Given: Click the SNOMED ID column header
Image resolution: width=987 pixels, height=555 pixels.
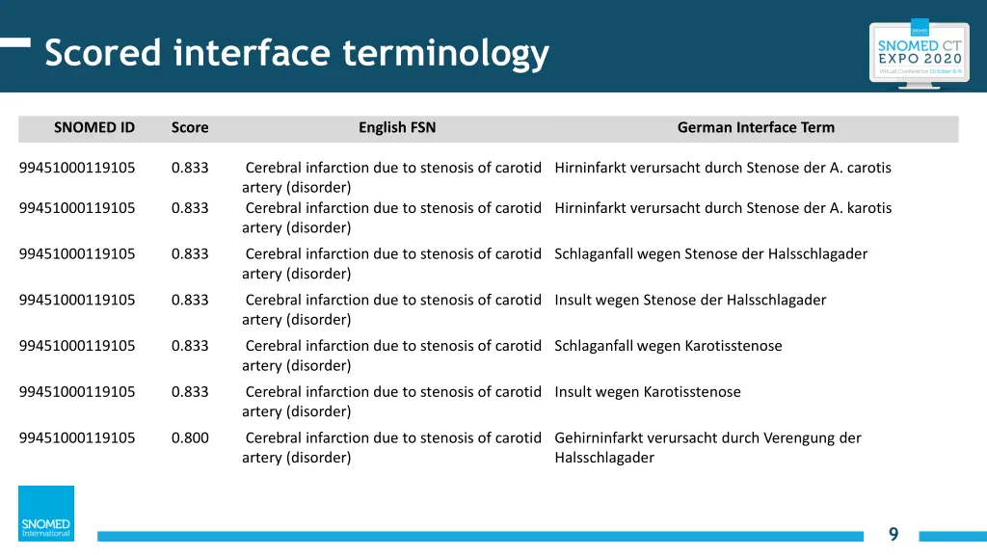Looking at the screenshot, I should pyautogui.click(x=94, y=127).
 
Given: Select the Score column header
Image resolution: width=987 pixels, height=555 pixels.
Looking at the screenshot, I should pyautogui.click(x=190, y=127).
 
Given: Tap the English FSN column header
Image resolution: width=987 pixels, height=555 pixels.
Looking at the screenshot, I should pyautogui.click(x=397, y=127).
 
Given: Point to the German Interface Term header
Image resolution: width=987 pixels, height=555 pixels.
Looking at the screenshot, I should pyautogui.click(x=756, y=127).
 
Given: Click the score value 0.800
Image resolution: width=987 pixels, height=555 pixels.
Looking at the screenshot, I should pyautogui.click(x=190, y=437).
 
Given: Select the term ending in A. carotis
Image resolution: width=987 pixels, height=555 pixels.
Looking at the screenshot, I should pyautogui.click(x=723, y=168).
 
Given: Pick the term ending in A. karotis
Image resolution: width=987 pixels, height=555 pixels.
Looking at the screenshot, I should pyautogui.click(x=723, y=208).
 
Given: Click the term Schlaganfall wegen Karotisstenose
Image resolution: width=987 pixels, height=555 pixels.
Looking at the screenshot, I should pyautogui.click(x=668, y=346).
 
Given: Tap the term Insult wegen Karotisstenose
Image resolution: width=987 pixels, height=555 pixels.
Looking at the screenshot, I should pyautogui.click(x=648, y=392).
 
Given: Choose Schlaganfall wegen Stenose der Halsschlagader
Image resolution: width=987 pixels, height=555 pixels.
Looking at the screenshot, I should pyautogui.click(x=710, y=254).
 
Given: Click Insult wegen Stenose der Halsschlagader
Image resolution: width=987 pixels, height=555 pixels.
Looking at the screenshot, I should pyautogui.click(x=690, y=300).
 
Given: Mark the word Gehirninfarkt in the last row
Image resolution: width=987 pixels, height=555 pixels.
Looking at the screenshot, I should pyautogui.click(x=599, y=437).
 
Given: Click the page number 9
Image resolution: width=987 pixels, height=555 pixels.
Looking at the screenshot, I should pyautogui.click(x=894, y=535).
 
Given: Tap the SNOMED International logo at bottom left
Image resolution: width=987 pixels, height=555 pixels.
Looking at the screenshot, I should pyautogui.click(x=46, y=514).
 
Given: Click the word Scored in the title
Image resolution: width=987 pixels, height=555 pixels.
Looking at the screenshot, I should pyautogui.click(x=103, y=52).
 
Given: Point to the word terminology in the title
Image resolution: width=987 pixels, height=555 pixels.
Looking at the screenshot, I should pyautogui.click(x=445, y=52).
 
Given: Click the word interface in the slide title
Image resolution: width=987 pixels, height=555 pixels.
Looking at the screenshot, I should pyautogui.click(x=253, y=52).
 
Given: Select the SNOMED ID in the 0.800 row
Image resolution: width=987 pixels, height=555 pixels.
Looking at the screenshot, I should pyautogui.click(x=77, y=437).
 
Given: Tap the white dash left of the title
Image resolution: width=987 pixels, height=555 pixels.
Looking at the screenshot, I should pyautogui.click(x=15, y=42).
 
